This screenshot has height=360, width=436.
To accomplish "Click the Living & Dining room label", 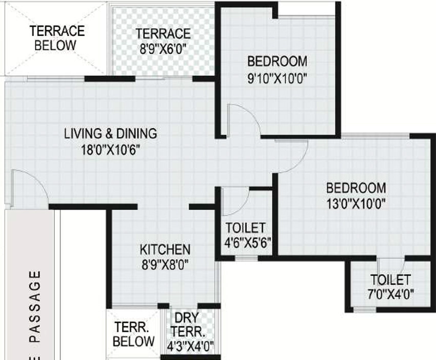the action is coord(111,133).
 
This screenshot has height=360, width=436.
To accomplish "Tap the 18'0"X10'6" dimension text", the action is coord(110,150).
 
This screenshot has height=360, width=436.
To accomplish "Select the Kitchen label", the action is coord(165,250).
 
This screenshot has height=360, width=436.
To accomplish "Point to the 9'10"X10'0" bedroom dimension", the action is coord(277,78).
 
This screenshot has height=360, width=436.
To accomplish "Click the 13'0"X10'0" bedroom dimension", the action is coord(356,204).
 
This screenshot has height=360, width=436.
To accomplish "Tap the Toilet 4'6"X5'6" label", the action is coord(247,235).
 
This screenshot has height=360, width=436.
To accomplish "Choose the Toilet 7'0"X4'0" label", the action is coord(391,287).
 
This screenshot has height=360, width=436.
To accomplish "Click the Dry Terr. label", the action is coord(187,325).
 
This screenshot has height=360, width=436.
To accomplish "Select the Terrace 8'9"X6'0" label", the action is coord(163,42).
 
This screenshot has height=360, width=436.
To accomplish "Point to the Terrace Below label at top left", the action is coord(57,38).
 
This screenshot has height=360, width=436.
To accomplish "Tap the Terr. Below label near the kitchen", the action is coord(133,334).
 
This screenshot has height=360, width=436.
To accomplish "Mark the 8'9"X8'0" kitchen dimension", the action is coord(165,265).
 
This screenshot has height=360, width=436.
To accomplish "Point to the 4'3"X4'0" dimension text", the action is coord(190,346).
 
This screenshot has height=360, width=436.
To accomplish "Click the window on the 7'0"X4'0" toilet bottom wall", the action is coord(365,309).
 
